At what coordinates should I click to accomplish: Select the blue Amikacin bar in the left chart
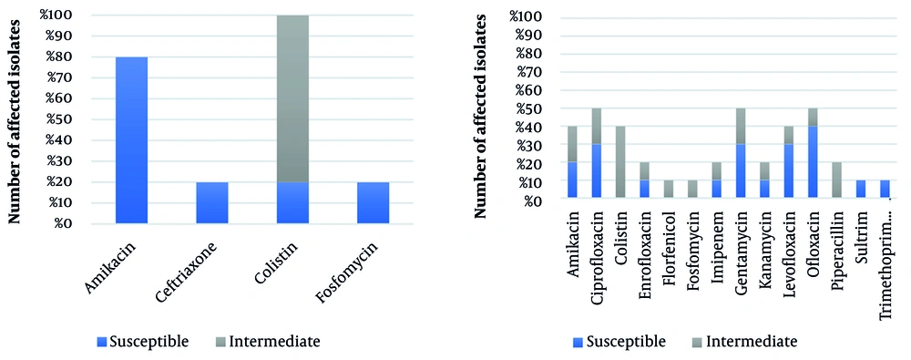coord(132,140)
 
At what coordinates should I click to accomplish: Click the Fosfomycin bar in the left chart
coord(374,202)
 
